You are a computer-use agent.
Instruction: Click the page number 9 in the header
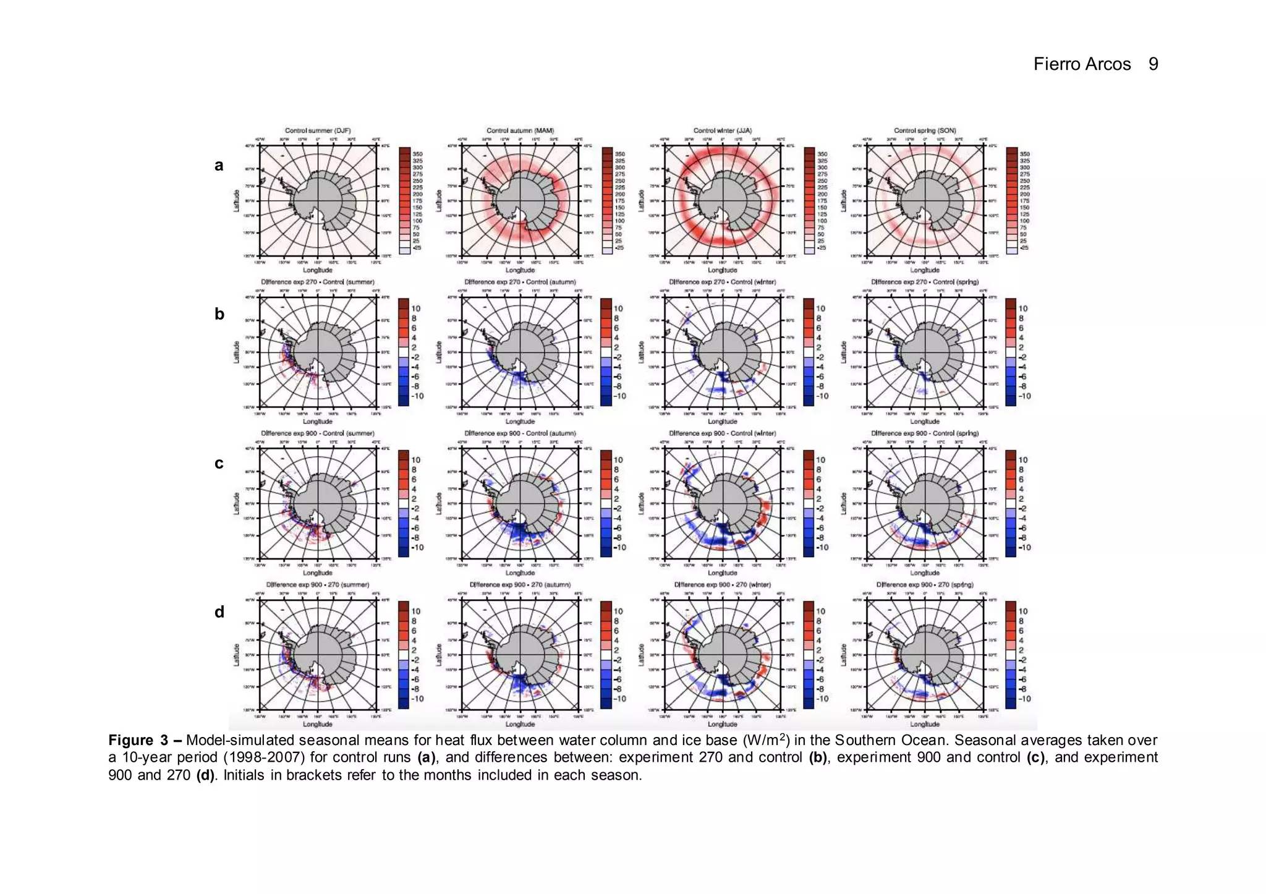pos(1153,64)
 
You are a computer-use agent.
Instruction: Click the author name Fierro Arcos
pos(1082,64)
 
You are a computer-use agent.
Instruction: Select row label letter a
pos(219,165)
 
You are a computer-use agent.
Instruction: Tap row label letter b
pos(219,314)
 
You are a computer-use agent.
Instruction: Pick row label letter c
pos(219,463)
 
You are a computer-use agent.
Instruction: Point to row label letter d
pos(219,612)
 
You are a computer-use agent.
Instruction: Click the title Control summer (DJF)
pos(318,130)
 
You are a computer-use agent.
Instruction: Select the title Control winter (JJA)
pos(722,130)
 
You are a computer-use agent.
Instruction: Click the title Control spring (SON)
pos(925,130)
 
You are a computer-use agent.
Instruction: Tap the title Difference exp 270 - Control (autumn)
pos(520,282)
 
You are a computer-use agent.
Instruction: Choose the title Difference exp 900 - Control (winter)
pos(722,433)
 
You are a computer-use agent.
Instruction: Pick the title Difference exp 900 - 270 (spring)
pos(925,584)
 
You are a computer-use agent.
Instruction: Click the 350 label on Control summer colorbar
pos(417,154)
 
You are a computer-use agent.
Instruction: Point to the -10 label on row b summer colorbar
pos(417,396)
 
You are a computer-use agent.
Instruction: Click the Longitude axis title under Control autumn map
pos(520,270)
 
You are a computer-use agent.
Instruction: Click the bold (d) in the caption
pos(205,775)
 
